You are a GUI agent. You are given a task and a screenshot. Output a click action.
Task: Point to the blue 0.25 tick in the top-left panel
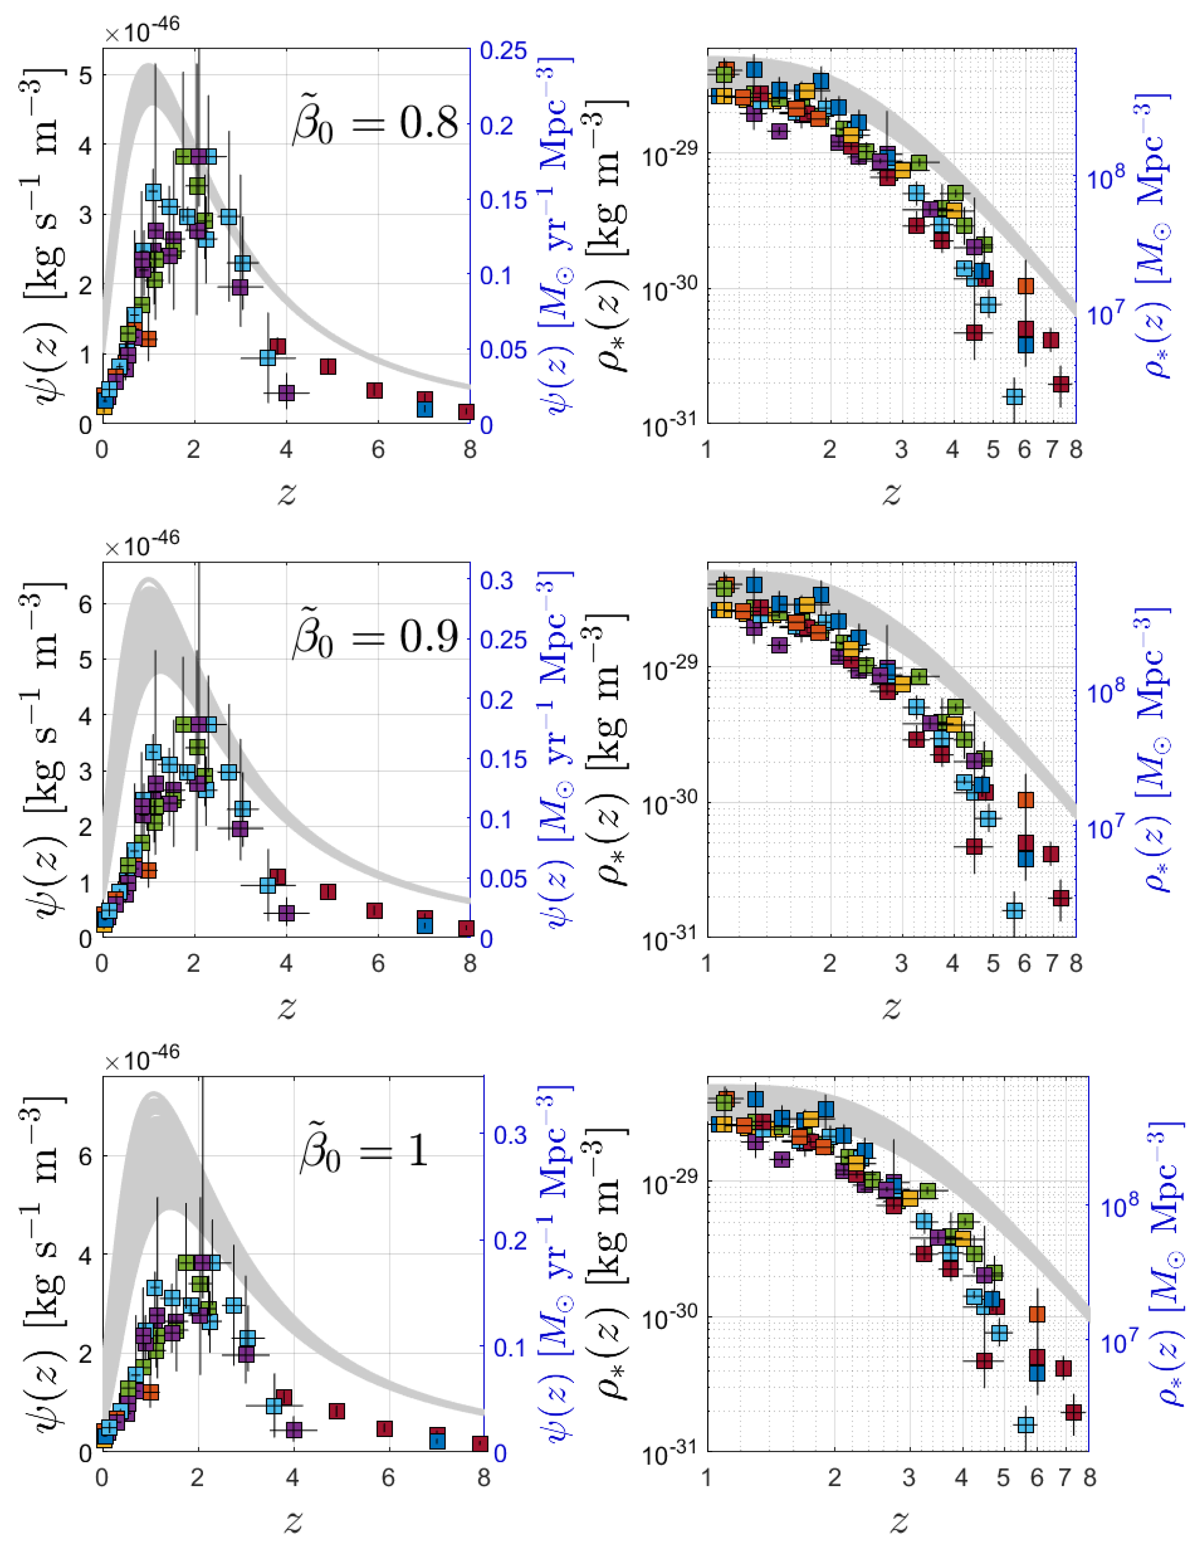point(503,51)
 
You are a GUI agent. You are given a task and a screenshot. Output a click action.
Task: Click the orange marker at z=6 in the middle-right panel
point(1025,800)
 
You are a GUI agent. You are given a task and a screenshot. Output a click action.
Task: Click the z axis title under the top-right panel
point(891,494)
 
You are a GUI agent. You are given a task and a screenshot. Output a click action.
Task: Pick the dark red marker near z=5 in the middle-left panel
point(327,891)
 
